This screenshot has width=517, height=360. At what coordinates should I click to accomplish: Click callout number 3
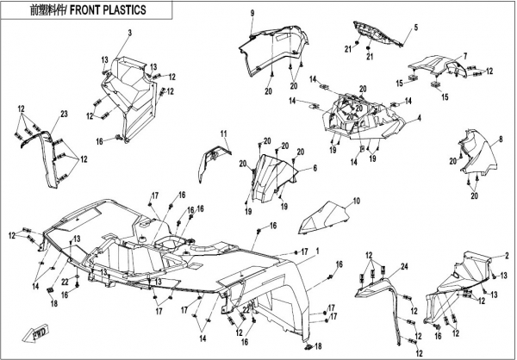(130, 33)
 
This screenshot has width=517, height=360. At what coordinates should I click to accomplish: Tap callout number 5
(414, 28)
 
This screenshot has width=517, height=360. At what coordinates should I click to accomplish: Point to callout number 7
(464, 56)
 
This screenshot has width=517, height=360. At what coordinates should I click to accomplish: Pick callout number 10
(353, 202)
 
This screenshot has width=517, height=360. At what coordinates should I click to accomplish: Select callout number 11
(221, 133)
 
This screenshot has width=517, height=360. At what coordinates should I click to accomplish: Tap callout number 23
(64, 115)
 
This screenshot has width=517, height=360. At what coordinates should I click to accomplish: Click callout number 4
(419, 117)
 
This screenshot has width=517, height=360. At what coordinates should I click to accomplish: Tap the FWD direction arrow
(40, 333)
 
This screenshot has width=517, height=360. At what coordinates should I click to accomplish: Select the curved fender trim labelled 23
(47, 155)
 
